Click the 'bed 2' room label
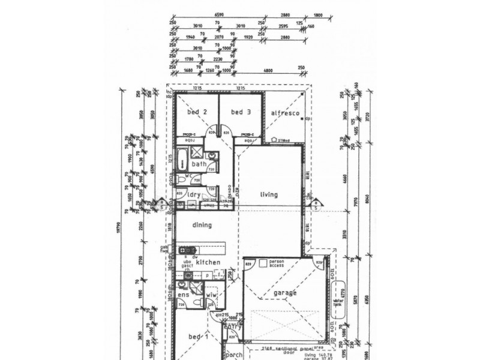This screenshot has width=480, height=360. [197, 112]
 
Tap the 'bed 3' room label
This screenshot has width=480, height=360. [240, 112]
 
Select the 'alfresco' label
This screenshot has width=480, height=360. [284, 113]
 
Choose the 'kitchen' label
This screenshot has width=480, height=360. [208, 263]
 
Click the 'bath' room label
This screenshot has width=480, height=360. [199, 164]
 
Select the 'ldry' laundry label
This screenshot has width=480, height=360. [193, 195]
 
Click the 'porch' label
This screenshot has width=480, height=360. [233, 355]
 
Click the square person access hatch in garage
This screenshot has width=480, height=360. [262, 263]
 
